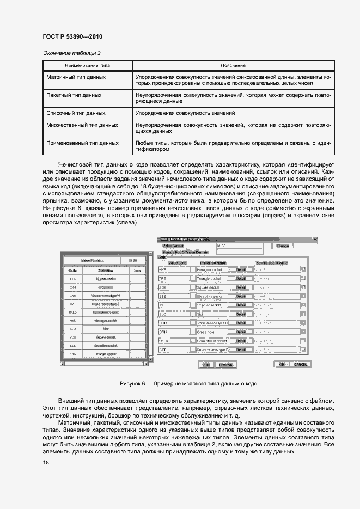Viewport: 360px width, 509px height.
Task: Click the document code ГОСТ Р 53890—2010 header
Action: coord(72,36)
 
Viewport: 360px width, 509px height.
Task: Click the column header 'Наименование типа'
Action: coord(87,65)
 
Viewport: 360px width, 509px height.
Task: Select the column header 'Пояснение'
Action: coord(233,65)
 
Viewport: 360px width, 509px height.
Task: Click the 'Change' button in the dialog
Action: coord(282,246)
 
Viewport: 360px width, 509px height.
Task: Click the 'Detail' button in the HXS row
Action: coord(241,269)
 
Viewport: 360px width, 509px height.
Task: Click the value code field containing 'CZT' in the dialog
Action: coord(173,349)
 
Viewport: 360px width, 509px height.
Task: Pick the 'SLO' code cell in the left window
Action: coord(72,329)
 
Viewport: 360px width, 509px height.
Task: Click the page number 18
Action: coord(46,462)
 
